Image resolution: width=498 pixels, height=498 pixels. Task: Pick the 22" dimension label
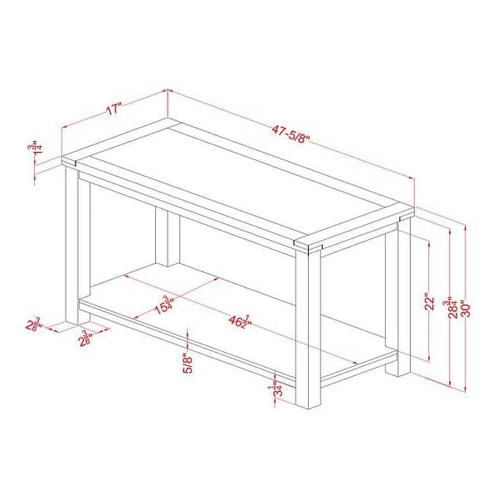coord(429,300)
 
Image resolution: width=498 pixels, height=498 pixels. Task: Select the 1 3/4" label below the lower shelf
coord(274,388)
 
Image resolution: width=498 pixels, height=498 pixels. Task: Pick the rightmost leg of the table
coord(404,295)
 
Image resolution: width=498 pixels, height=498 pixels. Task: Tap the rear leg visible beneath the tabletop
coord(168,237)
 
